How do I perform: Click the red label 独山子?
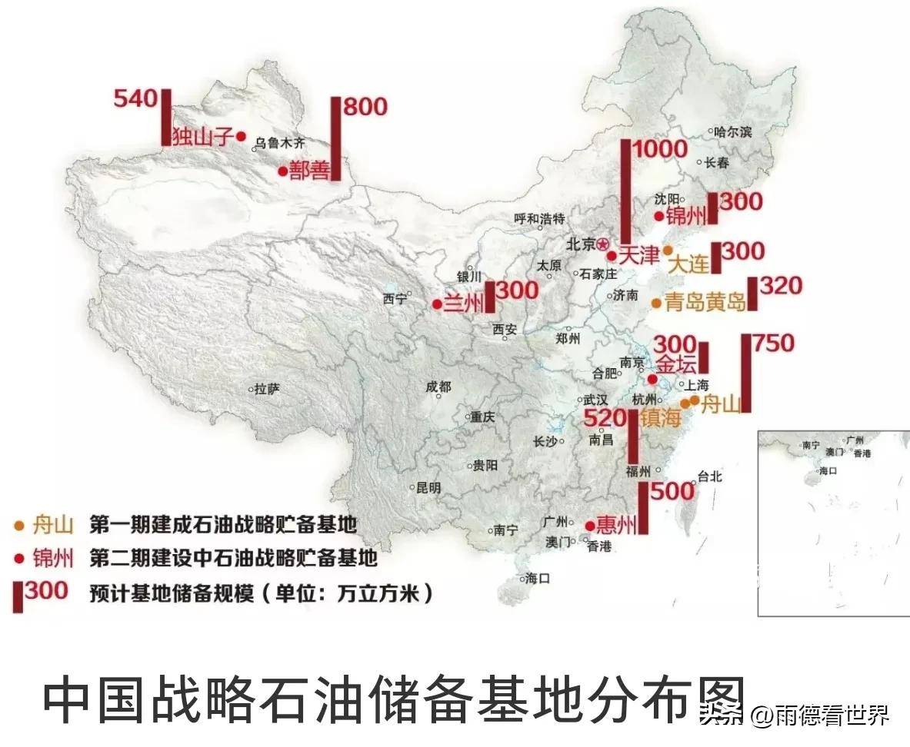coord(202,136)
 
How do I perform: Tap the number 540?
coord(135,98)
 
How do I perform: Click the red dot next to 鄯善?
coord(282,171)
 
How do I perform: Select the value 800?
coord(365,107)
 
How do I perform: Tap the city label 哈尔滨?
coord(732,131)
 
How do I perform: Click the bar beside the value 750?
coord(745,373)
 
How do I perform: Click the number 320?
coord(781,286)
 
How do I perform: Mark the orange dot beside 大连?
coord(668,251)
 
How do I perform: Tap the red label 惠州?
coord(617,526)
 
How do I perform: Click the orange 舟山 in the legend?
coord(53,526)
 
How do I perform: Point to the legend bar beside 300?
coord(17,596)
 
